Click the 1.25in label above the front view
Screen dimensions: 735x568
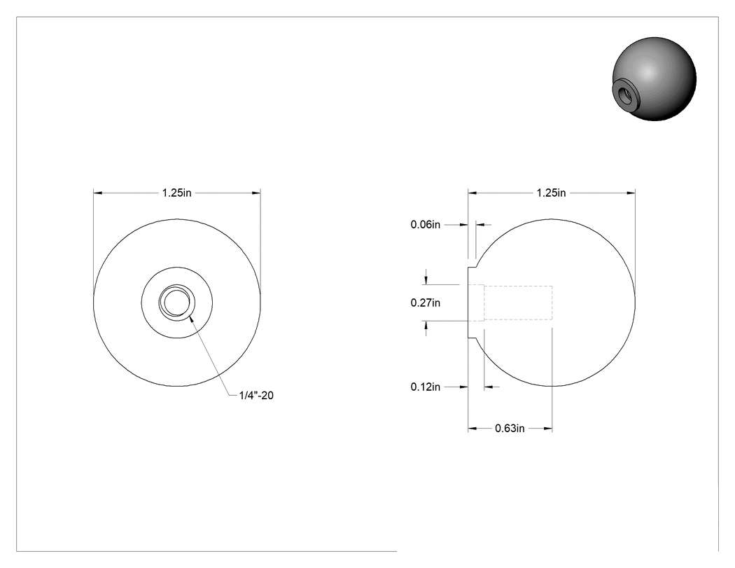(176, 193)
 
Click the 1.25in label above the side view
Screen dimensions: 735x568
(552, 193)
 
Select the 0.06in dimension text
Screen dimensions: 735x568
(426, 225)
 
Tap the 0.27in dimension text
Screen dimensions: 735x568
(426, 303)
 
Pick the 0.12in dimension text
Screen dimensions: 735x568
(426, 387)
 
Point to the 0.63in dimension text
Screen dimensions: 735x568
(510, 428)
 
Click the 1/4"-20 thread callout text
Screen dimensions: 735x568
(256, 396)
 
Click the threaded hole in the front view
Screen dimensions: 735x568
(176, 303)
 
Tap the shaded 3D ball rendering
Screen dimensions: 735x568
(654, 79)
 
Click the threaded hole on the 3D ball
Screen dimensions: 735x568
(626, 94)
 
